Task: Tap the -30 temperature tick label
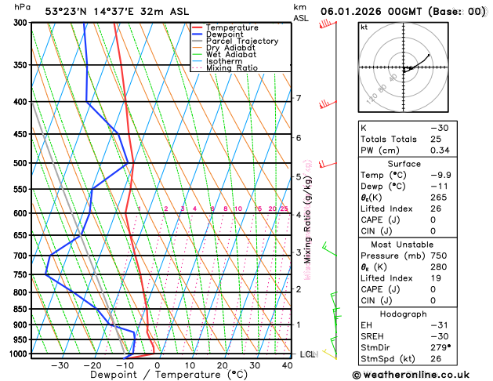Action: click(60, 365)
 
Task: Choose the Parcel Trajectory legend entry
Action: click(241, 42)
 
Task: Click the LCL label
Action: click(307, 354)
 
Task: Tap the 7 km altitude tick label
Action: click(299, 98)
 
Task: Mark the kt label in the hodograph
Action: click(364, 27)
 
